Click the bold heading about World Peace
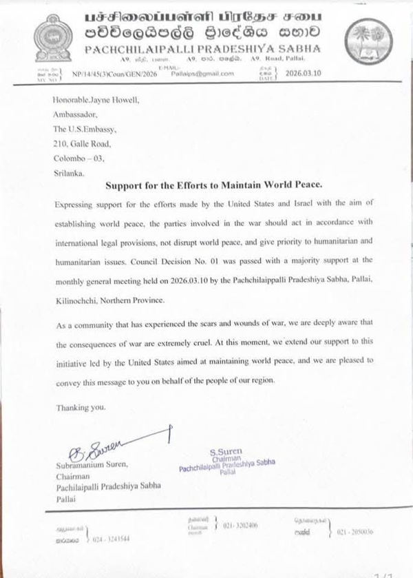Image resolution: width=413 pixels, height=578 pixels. click(x=206, y=186)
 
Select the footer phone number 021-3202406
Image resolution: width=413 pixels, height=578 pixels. click(x=240, y=524)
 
